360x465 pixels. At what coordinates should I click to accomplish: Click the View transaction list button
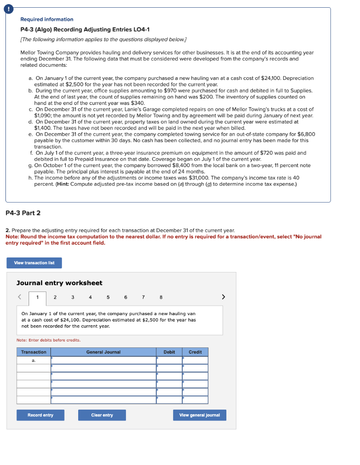34,263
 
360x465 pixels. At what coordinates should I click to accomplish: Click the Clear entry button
102,415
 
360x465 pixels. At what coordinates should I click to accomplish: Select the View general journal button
200,415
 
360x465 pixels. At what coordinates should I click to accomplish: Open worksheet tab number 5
108,297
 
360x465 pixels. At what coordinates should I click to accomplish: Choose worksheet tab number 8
161,297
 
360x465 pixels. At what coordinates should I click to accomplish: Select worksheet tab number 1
38,297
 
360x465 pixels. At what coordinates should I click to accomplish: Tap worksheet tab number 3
72,297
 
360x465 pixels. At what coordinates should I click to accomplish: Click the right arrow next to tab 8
223,297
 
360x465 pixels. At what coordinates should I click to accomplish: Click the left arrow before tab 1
20,297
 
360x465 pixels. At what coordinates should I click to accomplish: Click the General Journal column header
103,352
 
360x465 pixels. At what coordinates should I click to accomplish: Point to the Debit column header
169,352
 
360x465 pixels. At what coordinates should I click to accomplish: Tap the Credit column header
195,352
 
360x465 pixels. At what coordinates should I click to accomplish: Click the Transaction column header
34,352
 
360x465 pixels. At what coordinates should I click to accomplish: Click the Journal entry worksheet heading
59,283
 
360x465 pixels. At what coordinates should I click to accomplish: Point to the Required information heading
47,20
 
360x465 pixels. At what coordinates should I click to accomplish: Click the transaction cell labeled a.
34,360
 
